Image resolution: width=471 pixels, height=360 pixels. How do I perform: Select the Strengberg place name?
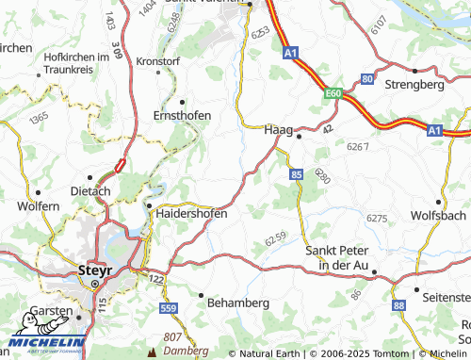(x=414, y=84)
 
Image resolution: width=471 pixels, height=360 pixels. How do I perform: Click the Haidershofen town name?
(x=190, y=214)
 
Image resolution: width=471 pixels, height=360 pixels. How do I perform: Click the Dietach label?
(x=90, y=190)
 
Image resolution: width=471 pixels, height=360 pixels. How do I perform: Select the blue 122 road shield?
(x=156, y=281)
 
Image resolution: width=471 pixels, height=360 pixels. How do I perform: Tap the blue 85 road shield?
(x=297, y=174)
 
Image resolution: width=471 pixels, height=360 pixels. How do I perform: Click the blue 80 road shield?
(x=366, y=78)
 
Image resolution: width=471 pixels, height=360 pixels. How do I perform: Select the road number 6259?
(x=274, y=242)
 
